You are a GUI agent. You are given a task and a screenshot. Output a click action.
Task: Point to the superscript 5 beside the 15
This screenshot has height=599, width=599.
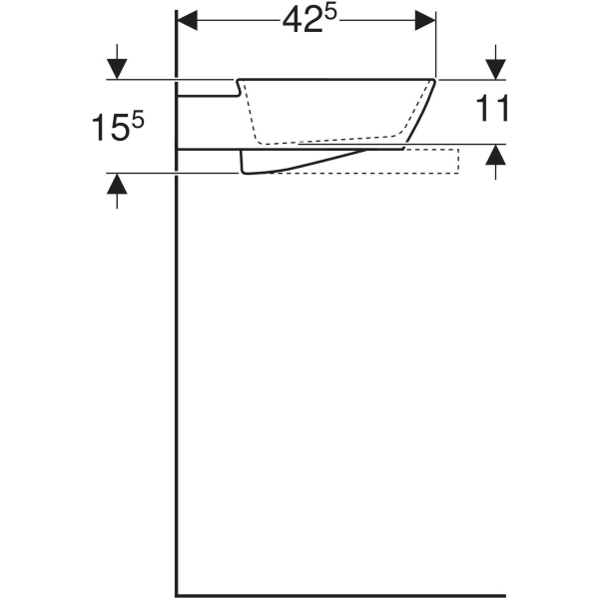coord(139,117)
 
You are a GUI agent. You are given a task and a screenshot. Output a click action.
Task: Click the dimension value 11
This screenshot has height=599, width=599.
coord(493,109)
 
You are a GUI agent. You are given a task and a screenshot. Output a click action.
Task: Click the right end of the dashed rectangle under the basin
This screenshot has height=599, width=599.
coord(458,160)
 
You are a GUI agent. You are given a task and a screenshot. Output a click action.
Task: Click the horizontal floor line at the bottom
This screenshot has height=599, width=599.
coord(339,591)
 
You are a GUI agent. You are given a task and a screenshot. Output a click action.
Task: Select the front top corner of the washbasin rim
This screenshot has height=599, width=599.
coord(435,79)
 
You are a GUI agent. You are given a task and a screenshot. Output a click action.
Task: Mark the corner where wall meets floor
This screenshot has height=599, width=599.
coord(178,591)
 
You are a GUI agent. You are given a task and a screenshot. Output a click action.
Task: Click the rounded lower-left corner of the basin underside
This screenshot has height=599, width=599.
coord(245,170)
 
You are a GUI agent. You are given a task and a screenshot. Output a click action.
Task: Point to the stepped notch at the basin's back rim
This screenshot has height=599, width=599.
coord(238,88)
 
